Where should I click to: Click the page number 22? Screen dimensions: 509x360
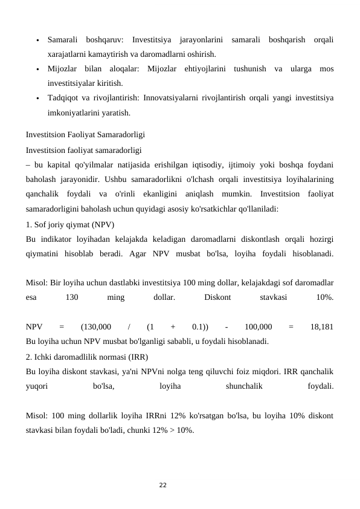click(x=162, y=485)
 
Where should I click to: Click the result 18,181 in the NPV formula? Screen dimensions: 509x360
click(x=321, y=327)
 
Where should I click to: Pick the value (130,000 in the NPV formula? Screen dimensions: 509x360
click(x=95, y=327)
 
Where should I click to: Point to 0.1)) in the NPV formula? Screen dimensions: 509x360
click(x=201, y=327)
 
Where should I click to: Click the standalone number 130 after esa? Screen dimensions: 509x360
click(x=72, y=297)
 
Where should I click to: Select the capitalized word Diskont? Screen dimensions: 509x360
click(x=217, y=297)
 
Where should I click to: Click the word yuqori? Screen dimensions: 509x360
click(x=37, y=385)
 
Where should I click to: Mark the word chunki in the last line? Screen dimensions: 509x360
click(x=145, y=429)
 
